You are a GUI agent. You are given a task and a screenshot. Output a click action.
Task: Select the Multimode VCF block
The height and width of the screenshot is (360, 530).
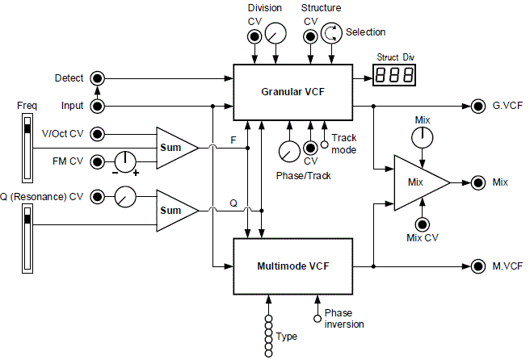click(292, 266)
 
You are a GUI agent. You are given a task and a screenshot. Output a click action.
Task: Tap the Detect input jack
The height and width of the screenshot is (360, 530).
click(98, 78)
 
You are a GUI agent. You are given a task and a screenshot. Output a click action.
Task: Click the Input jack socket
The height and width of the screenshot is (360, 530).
click(98, 106)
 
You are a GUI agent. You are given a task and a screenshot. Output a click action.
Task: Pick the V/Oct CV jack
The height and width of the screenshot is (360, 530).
click(98, 134)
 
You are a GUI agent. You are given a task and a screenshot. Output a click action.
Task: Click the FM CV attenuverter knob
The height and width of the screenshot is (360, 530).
click(124, 161)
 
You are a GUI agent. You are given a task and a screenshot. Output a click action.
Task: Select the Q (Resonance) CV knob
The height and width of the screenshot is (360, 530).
click(124, 195)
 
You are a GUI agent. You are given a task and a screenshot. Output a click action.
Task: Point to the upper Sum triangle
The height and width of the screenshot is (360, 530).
click(175, 148)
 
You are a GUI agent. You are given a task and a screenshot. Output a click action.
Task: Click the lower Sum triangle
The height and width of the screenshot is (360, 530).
click(175, 210)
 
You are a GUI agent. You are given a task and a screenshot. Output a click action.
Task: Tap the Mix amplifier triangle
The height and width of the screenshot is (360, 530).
click(418, 182)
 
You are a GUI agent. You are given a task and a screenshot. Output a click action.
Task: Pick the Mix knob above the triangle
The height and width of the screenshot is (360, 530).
click(421, 138)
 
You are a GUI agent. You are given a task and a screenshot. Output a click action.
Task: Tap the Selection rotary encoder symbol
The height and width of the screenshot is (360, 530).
click(331, 33)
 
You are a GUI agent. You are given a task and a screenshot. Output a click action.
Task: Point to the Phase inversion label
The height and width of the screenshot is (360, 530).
click(343, 318)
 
